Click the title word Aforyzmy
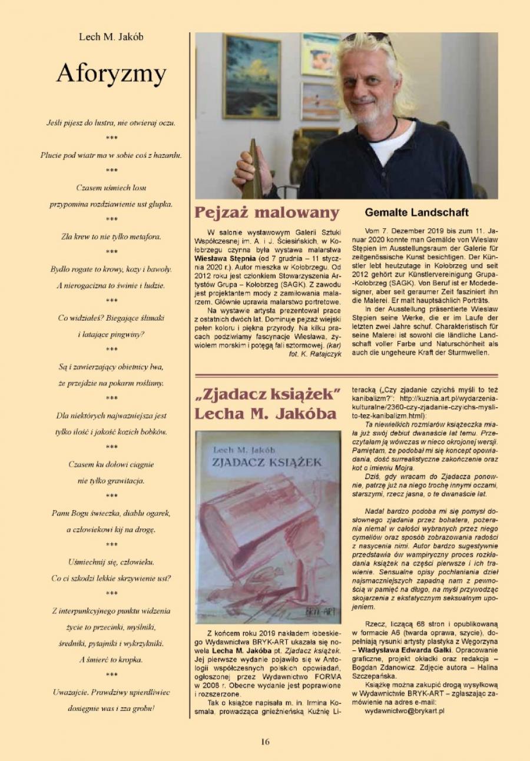111,74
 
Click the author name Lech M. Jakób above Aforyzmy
111,37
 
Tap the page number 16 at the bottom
265,742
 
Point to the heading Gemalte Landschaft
417,212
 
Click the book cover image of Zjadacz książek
268,527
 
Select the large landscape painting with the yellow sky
251,77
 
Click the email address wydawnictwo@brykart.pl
405,711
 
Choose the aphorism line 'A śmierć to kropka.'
111,660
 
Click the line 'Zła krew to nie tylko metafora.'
111,237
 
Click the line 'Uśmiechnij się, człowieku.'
111,562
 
